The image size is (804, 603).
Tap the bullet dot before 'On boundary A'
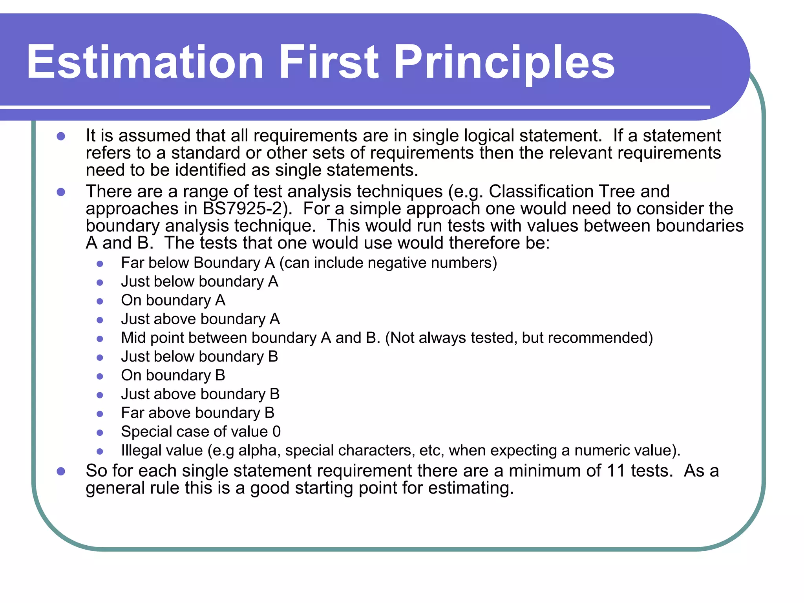tap(100, 301)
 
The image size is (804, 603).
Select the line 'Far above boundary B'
tap(197, 413)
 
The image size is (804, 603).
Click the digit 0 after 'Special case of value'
tap(276, 432)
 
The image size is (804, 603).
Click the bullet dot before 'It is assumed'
tap(61, 137)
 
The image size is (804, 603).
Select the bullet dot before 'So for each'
tap(61, 471)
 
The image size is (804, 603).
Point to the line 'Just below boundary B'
tap(199, 357)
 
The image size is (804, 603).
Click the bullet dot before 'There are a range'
tap(61, 192)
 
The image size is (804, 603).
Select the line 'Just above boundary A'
tap(200, 319)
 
